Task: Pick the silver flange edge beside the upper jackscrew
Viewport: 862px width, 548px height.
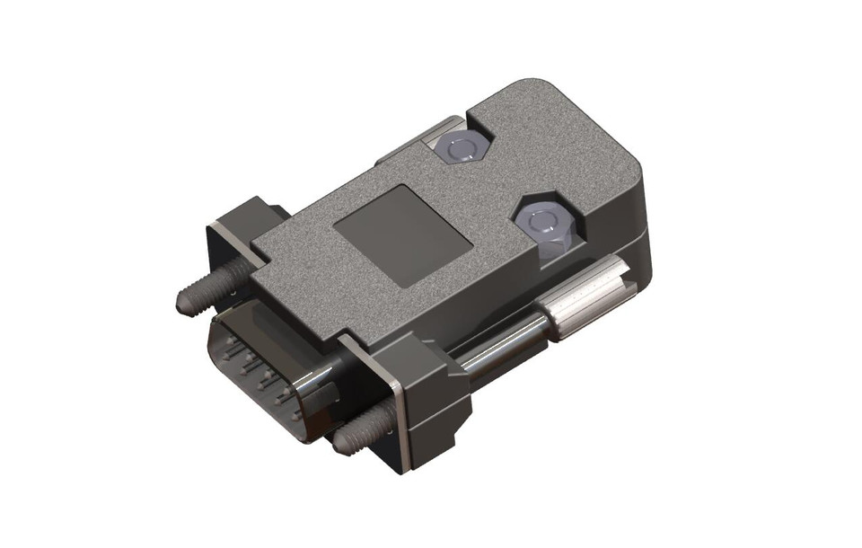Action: pos(219,243)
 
